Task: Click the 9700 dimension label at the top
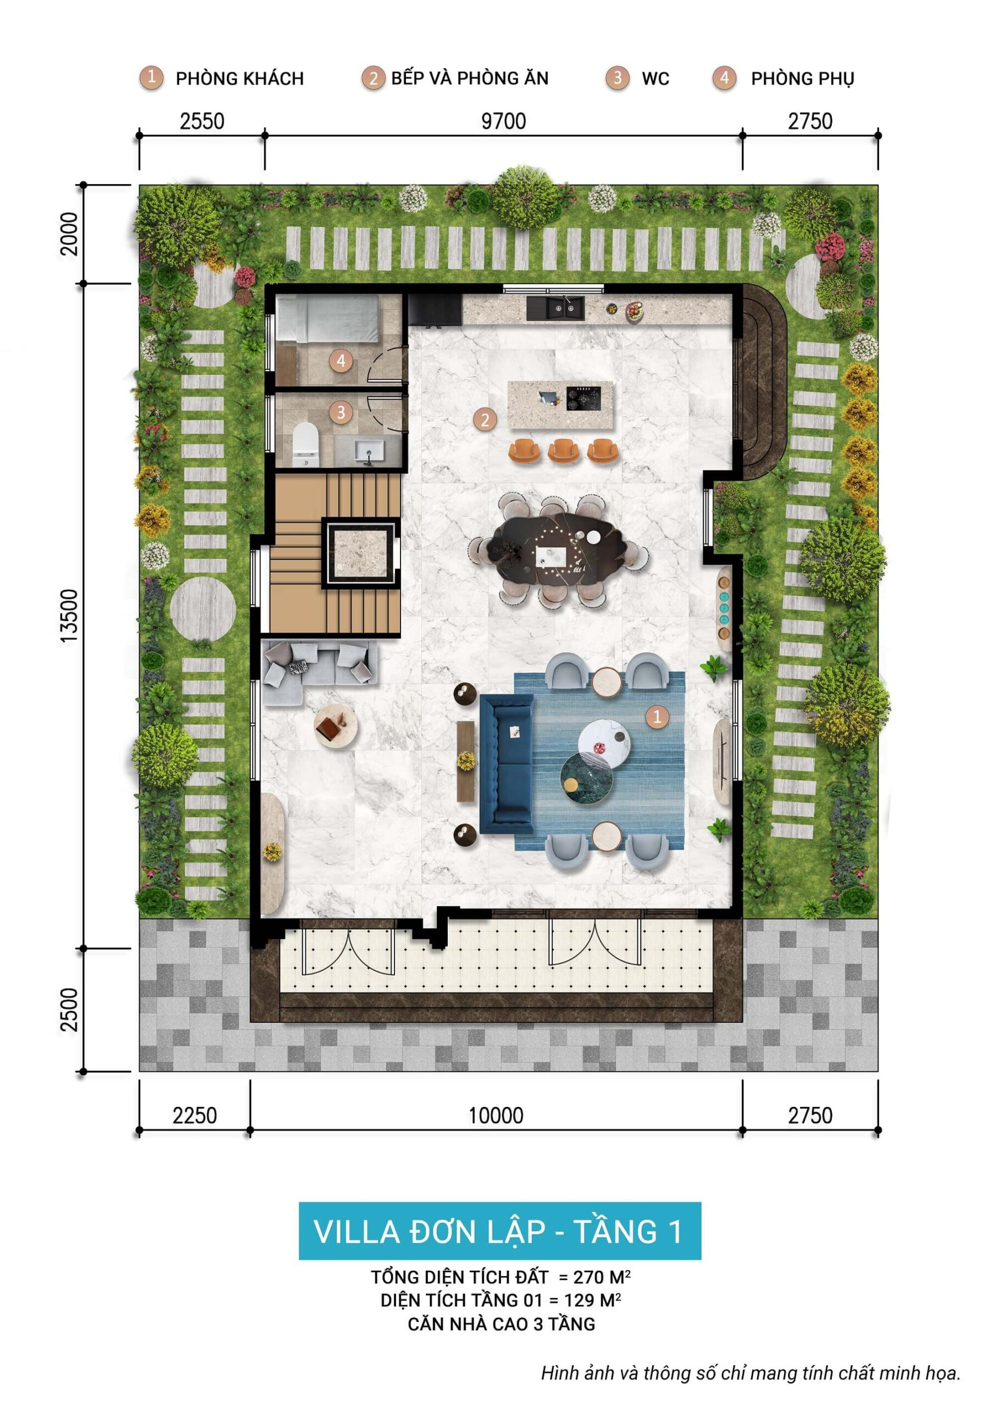click(503, 121)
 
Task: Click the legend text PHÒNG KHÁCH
click(240, 79)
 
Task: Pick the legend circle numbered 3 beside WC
click(617, 78)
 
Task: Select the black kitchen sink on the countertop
click(555, 308)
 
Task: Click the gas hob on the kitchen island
click(583, 398)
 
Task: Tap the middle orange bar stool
click(563, 451)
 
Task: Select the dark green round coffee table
click(586, 778)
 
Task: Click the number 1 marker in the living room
click(658, 716)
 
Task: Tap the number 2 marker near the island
click(485, 420)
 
